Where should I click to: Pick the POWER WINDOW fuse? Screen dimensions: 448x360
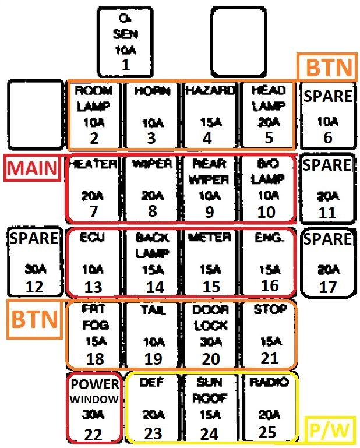pyautogui.click(x=94, y=408)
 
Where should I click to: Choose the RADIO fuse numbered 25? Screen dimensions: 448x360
pyautogui.click(x=269, y=408)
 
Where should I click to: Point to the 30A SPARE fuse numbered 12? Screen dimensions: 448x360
pyautogui.click(x=34, y=262)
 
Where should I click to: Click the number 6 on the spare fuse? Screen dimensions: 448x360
pyautogui.click(x=328, y=137)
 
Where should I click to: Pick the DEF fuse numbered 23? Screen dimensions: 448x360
pyautogui.click(x=153, y=408)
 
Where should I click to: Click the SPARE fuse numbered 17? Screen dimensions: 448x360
pyautogui.click(x=328, y=262)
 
